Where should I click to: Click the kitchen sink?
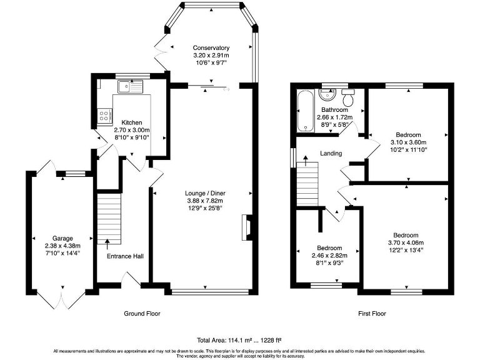click(x=131, y=87)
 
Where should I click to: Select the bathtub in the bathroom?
click(x=306, y=111)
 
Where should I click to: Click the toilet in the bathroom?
click(x=348, y=97)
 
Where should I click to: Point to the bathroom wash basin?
click(x=327, y=94)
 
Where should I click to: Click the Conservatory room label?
click(x=211, y=48)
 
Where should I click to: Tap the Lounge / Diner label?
click(x=205, y=194)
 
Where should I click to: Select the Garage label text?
click(x=62, y=239)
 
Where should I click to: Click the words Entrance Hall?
click(x=125, y=256)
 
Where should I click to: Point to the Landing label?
click(x=331, y=153)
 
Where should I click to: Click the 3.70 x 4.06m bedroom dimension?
click(x=406, y=242)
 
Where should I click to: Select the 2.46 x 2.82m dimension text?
click(x=329, y=256)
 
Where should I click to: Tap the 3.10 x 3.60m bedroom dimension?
click(x=408, y=142)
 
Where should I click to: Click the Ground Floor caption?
click(x=142, y=314)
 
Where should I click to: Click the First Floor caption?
click(x=372, y=314)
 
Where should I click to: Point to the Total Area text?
click(x=239, y=340)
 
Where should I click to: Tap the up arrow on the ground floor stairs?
click(x=107, y=245)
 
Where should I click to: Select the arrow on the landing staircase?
click(x=306, y=161)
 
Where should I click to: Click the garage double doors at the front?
click(x=62, y=299)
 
